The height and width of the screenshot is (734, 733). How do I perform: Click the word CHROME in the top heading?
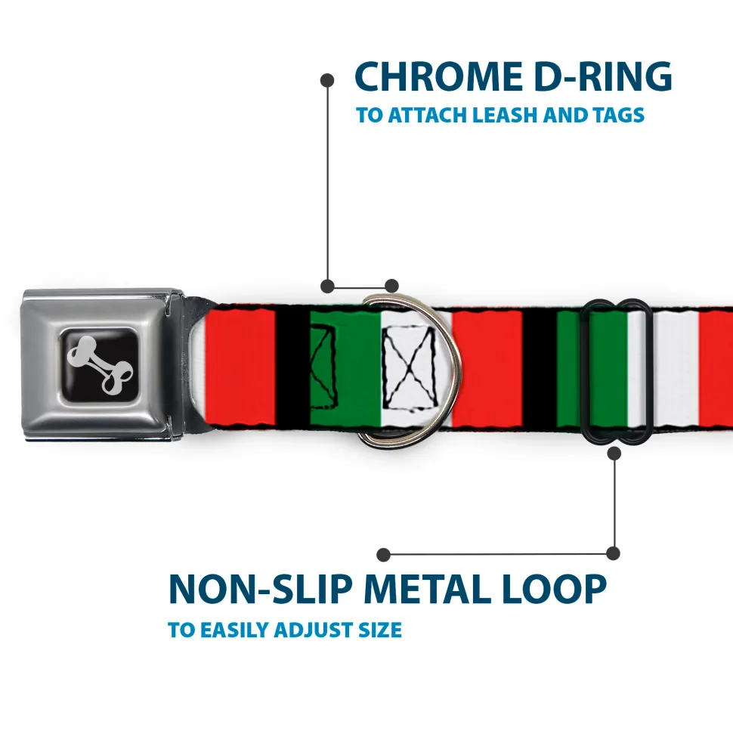coord(438,76)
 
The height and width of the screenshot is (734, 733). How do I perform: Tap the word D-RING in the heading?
coord(603,76)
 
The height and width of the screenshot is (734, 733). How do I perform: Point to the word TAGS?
coord(619,115)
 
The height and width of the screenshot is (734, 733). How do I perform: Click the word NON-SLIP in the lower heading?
coord(260,589)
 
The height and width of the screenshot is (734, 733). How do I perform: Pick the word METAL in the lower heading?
coord(426,589)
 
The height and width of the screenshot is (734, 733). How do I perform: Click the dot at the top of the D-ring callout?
coord(327,80)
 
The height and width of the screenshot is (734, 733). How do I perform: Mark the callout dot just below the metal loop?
coord(614,453)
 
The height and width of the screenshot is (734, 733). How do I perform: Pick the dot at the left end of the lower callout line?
coord(383,555)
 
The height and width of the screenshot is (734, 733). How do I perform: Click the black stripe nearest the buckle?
coord(292,367)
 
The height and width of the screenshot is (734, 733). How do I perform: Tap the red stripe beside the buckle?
coord(240,367)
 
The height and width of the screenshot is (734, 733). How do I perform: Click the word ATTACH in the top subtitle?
coord(426,115)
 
